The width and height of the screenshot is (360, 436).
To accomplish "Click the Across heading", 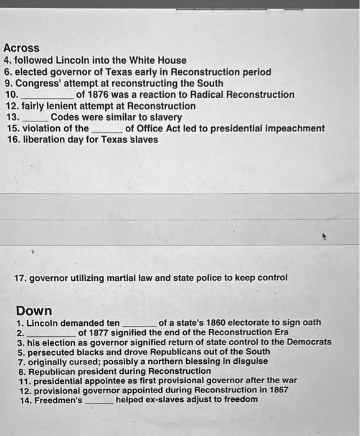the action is [21, 48].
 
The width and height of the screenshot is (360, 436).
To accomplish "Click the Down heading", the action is [34, 310].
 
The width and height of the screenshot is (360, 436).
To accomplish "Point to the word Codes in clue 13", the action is [64, 117].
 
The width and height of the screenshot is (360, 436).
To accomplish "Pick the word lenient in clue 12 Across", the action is [61, 106].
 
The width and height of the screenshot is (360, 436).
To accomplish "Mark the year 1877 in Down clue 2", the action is [102, 332].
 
